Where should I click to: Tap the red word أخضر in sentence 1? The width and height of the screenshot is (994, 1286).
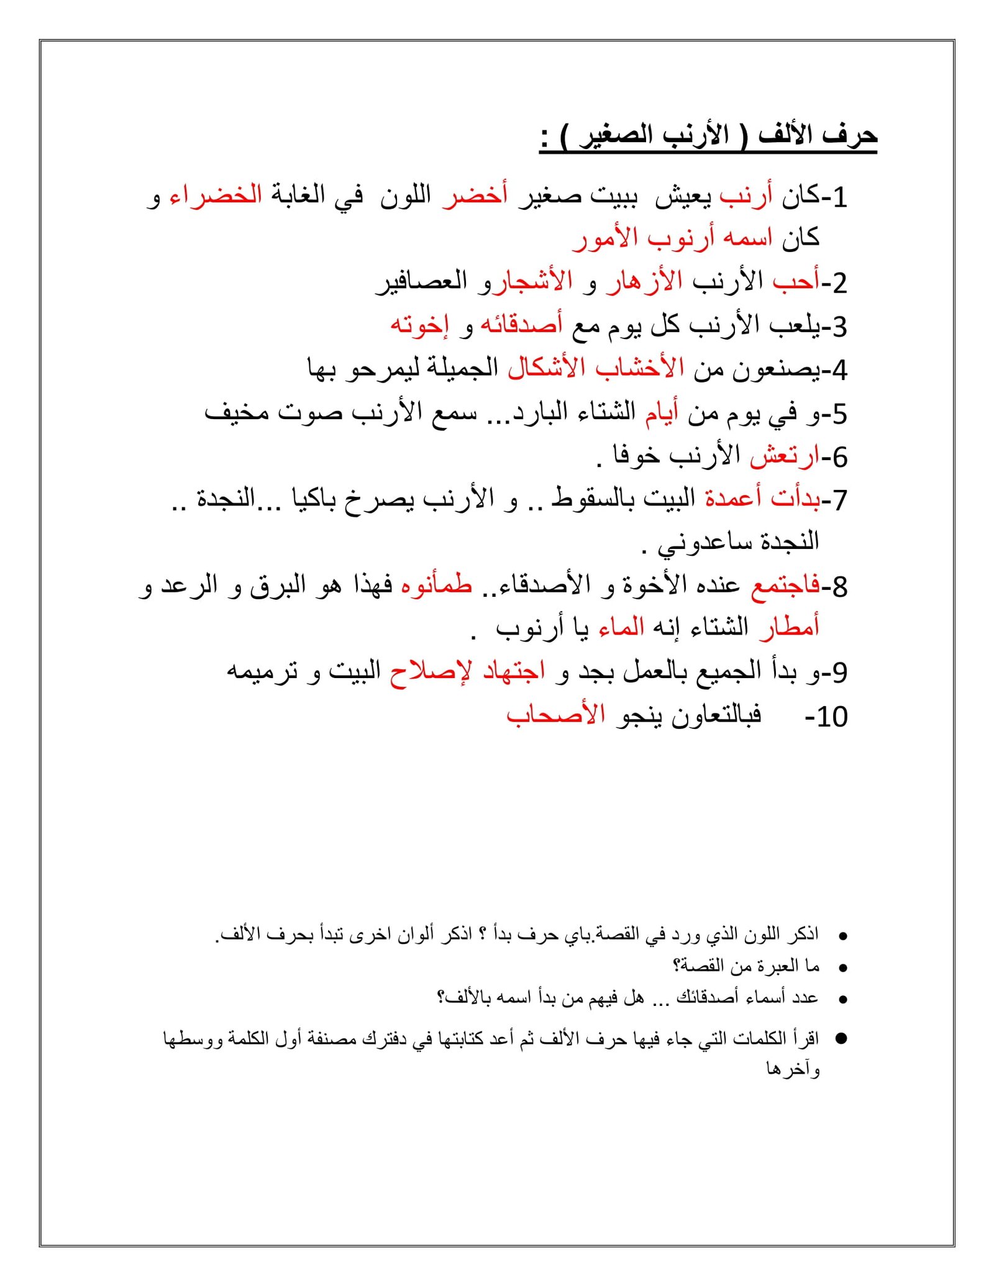475,196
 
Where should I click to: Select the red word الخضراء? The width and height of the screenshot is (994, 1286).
216,196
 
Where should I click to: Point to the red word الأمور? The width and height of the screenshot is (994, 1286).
606,239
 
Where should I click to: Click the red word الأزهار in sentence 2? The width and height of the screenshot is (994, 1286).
645,283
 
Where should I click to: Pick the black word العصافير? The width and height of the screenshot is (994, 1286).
422,283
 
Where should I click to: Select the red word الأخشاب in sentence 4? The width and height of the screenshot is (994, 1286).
640,369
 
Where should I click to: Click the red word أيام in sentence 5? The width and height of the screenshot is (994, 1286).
662,412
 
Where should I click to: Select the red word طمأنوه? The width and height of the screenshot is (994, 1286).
437,586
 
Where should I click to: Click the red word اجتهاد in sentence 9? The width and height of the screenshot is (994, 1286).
514,672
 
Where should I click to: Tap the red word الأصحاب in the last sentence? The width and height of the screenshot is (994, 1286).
556,715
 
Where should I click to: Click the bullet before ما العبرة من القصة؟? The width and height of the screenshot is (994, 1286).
843,967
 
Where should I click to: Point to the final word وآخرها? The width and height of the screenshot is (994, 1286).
793,1069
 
